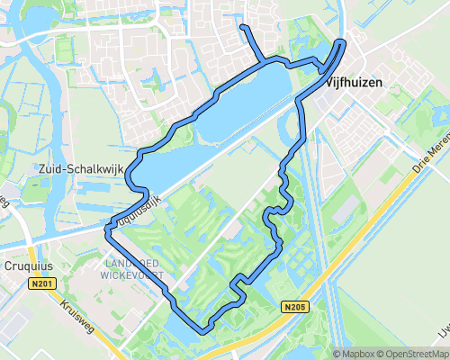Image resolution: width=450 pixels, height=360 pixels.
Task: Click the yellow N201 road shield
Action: click(x=36, y=284)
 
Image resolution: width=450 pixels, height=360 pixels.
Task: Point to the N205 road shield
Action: click(x=293, y=306)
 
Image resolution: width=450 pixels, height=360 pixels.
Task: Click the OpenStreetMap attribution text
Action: click(x=415, y=354)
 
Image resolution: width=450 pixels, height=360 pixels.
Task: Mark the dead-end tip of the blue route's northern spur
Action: click(x=241, y=28)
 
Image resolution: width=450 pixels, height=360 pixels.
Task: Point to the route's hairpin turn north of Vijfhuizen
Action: click(x=342, y=42)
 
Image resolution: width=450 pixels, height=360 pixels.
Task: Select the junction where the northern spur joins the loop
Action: click(x=264, y=63)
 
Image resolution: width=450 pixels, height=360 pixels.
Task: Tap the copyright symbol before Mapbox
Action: click(x=337, y=354)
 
